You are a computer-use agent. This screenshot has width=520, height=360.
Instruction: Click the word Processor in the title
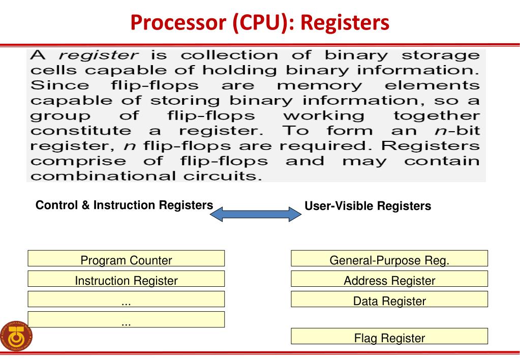point(178,22)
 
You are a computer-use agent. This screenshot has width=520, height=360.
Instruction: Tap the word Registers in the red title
point(345,23)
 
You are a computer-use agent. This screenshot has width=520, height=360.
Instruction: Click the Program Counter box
point(126,258)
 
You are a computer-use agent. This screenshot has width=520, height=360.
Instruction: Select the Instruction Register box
point(126,279)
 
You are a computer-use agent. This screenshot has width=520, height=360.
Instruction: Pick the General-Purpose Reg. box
point(389,258)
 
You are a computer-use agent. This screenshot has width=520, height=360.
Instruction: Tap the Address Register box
point(389,279)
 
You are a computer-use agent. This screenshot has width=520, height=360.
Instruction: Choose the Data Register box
point(389,299)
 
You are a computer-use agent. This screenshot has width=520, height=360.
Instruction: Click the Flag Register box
point(389,336)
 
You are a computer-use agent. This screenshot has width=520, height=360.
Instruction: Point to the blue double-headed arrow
point(256,214)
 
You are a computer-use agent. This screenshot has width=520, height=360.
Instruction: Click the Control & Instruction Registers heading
point(125,205)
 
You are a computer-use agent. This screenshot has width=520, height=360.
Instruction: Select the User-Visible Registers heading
point(368,206)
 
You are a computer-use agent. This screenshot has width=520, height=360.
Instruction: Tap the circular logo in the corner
point(16,337)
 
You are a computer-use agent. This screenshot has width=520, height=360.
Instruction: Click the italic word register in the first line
point(99,55)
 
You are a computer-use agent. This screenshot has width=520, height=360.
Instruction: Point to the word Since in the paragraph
point(59,85)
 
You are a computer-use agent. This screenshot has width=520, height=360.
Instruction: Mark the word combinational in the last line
point(103,176)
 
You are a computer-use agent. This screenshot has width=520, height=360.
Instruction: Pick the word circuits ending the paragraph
point(223,176)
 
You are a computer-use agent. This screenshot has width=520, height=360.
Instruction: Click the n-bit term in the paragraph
point(457,131)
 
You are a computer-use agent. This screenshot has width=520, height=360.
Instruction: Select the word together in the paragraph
point(437,116)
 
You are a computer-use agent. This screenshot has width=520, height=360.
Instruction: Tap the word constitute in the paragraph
point(81,131)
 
